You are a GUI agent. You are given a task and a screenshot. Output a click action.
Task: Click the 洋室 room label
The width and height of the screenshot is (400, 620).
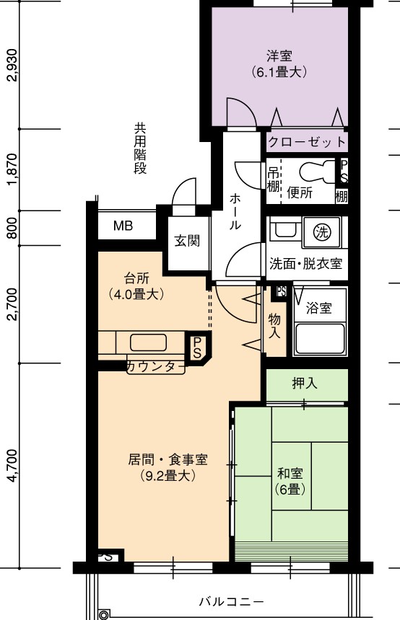coord(279,56)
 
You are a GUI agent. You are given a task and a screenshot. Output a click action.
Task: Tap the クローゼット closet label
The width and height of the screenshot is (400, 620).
coord(307,141)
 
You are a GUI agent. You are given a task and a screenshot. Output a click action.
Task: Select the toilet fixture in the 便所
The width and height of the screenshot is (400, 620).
coord(318,172)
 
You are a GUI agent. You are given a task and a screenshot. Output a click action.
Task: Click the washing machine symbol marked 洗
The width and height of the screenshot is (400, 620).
coord(321,231)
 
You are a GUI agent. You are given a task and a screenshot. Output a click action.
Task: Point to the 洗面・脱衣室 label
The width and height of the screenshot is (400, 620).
coord(305,263)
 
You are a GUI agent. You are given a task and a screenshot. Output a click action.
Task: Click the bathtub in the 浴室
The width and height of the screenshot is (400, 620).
coord(320,340)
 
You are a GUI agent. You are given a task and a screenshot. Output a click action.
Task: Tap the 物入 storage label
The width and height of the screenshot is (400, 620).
coord(274,325)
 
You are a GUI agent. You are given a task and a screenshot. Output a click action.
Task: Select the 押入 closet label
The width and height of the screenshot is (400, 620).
coord(305,383)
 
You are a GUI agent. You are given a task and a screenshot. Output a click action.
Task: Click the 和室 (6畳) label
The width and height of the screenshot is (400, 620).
coord(290,481)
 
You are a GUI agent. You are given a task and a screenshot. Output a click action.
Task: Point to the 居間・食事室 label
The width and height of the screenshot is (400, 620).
coord(168,459)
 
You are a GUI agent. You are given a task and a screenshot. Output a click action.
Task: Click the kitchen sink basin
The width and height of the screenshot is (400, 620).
coord(148,342)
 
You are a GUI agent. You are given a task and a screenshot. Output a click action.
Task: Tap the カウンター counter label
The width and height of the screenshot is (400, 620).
coord(156,367)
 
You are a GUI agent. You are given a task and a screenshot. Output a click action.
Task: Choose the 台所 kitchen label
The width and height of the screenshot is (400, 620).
coord(136,278)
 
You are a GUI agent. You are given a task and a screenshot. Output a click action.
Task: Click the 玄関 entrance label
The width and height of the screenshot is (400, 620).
coord(187,240)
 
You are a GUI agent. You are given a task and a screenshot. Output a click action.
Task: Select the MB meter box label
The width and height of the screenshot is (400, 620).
coord(123,226)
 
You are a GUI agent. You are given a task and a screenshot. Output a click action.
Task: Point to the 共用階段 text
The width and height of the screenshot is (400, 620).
coord(140,149)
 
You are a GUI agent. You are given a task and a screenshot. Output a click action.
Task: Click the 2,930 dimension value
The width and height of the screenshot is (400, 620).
coord(12,64)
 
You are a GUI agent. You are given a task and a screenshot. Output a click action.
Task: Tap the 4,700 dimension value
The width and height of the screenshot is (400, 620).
coord(12,466)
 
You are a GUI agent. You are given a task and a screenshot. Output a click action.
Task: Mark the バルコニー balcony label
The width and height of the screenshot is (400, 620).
coord(231,602)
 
